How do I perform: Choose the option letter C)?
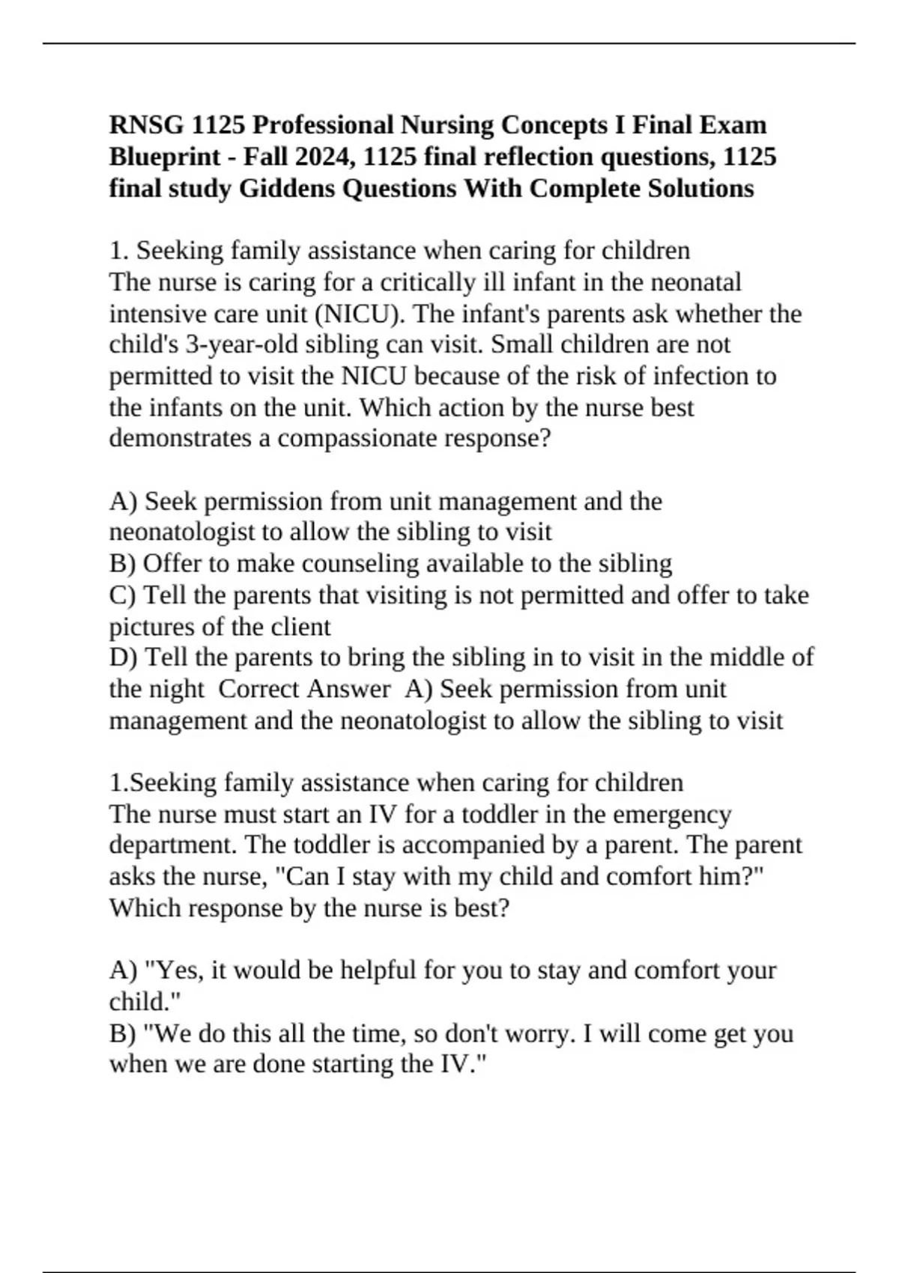[x=123, y=595]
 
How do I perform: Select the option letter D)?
[x=123, y=657]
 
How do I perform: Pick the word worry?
[x=538, y=1033]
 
